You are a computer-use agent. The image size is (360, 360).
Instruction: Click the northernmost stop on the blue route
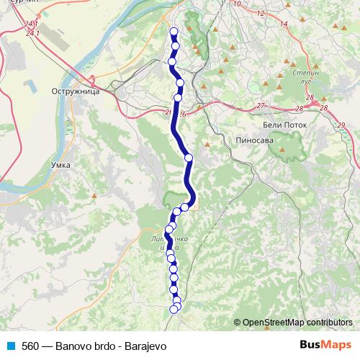pyautogui.click(x=174, y=31)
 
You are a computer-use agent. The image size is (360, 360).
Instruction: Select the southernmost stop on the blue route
pyautogui.click(x=174, y=310)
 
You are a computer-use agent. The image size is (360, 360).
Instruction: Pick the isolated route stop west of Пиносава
pyautogui.click(x=189, y=157)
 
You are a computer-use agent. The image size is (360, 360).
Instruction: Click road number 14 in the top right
pyautogui.click(x=284, y=24)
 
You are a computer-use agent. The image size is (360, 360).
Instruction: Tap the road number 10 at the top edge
pyautogui.click(x=237, y=4)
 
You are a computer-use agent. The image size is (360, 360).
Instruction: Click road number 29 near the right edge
pyautogui.click(x=341, y=125)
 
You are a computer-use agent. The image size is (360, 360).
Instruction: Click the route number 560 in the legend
pyautogui.click(x=31, y=346)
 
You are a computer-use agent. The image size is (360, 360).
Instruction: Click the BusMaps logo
pyautogui.click(x=325, y=345)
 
